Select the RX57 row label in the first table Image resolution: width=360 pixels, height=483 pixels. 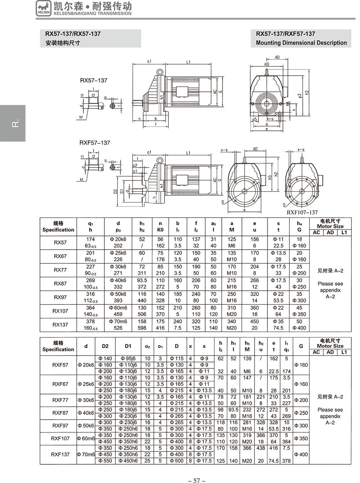60,243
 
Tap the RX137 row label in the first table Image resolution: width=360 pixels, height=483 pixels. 60,325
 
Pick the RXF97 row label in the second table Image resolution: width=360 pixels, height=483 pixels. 60,426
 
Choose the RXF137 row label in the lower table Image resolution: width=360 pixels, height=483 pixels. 60,455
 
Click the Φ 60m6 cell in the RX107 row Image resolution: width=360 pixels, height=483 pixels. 118,308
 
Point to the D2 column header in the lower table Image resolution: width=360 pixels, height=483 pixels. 105,346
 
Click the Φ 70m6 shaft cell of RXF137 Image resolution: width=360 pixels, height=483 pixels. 86,455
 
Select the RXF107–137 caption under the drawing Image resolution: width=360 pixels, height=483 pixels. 302,213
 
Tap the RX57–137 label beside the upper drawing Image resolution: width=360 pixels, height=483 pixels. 94,81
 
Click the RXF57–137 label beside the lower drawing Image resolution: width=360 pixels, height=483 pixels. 95,143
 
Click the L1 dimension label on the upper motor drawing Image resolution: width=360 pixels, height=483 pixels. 188,62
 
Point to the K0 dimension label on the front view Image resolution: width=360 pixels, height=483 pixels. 266,64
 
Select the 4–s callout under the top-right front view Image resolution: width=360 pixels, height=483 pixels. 270,119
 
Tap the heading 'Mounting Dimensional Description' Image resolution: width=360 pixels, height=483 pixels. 301,43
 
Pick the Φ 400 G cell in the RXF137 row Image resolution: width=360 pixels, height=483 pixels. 301,455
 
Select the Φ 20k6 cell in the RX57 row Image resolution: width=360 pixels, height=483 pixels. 118,239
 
